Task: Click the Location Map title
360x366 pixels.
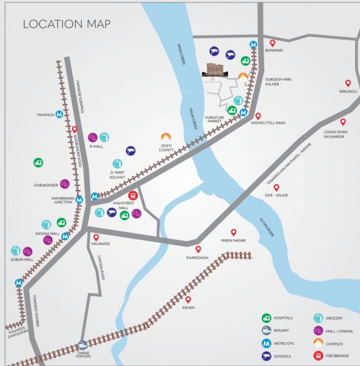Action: coord(67,24)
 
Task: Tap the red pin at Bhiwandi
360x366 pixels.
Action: coord(272,43)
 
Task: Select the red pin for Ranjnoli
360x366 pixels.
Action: coord(348,83)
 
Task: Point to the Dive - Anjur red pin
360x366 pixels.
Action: coord(276,187)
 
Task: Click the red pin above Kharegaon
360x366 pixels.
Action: coord(198,249)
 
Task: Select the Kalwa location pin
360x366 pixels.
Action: coord(188,299)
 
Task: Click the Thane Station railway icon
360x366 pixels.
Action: coord(82,345)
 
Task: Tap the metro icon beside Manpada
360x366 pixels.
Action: coord(59,113)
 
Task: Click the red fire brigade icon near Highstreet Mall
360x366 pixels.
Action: coord(132,196)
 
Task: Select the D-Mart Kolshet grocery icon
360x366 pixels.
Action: coord(117,163)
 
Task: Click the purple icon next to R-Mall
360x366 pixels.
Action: coord(92,137)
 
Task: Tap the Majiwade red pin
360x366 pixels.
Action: coord(96,237)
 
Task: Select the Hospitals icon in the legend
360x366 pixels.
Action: coord(267,318)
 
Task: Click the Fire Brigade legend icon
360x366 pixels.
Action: coord(318,355)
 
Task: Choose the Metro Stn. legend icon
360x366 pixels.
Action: coord(267,343)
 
